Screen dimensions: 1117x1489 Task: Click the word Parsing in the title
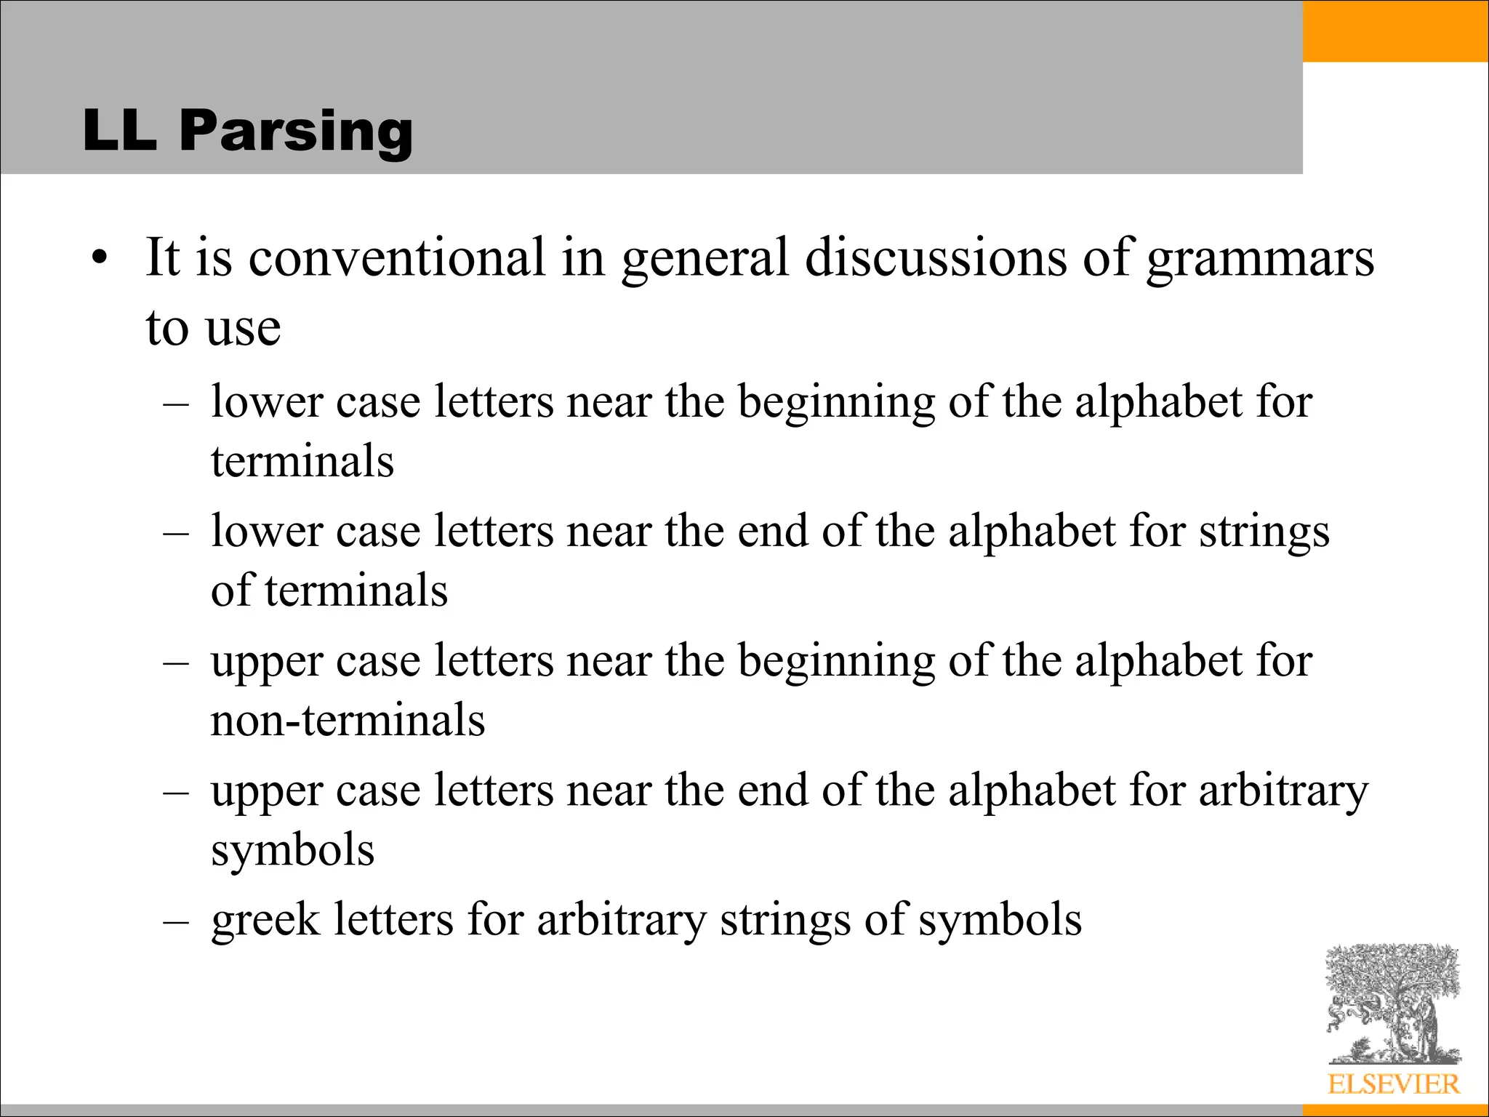(296, 131)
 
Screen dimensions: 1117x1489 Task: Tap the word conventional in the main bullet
(397, 257)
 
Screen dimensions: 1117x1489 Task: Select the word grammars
(1261, 259)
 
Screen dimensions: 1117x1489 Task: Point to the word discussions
(936, 257)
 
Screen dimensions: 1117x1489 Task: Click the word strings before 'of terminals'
(1264, 532)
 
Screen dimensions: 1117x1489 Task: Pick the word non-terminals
(348, 720)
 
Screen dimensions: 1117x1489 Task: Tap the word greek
(265, 921)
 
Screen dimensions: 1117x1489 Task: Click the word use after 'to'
(244, 327)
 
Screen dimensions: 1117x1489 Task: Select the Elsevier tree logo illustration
(1393, 1004)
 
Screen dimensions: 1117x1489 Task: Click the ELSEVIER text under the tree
(1393, 1084)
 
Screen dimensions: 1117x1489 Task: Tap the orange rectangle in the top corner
(1395, 31)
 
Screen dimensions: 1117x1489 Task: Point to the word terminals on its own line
(302, 461)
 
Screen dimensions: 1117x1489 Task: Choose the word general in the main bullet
(705, 259)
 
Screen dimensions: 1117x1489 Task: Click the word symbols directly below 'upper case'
(292, 849)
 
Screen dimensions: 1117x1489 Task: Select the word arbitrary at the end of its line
(1283, 791)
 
